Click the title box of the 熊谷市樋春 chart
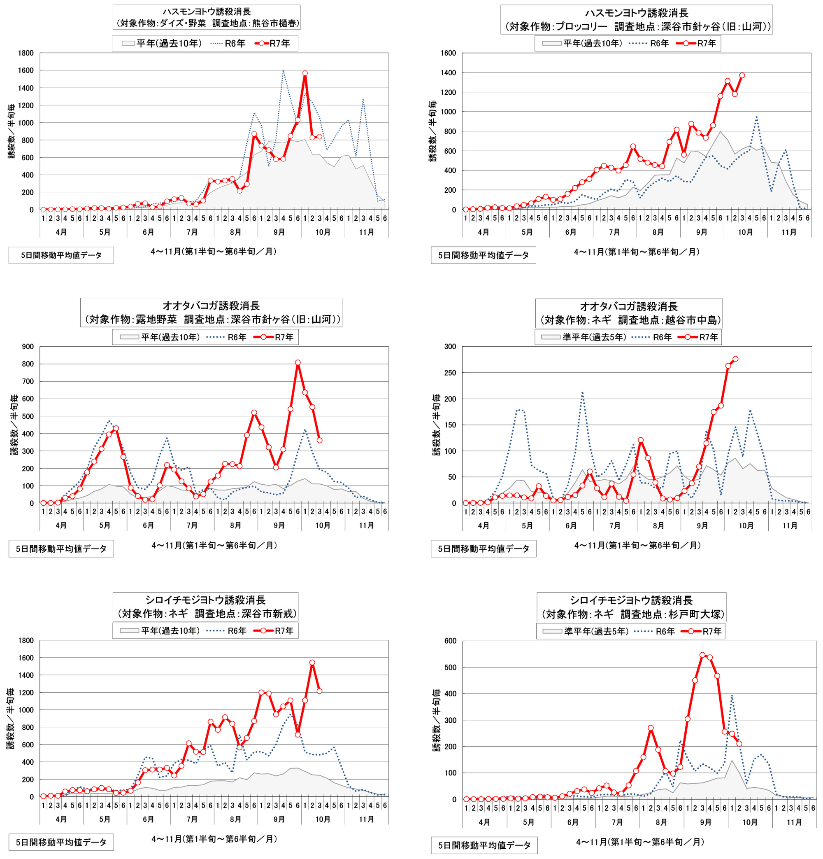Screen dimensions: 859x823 pos(206,17)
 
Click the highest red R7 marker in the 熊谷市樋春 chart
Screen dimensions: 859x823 pos(305,74)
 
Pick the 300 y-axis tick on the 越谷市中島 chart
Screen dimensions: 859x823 pos(450,347)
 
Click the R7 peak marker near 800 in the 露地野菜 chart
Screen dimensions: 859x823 pos(298,362)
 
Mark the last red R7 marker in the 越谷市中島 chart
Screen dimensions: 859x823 pos(735,359)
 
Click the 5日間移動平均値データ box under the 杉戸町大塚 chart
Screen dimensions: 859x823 pos(484,845)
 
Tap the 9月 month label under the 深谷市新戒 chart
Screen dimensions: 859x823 pos(279,819)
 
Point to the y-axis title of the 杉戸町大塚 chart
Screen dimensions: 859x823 pos(437,720)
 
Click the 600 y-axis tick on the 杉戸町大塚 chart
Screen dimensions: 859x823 pos(450,641)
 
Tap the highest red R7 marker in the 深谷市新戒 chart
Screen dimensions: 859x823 pos(312,663)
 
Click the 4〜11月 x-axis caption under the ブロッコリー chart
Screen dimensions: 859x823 pos(637,252)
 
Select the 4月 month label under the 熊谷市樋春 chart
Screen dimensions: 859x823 pos(61,232)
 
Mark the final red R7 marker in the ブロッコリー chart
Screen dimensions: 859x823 pos(742,75)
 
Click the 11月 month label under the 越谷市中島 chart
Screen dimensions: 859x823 pos(790,525)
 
